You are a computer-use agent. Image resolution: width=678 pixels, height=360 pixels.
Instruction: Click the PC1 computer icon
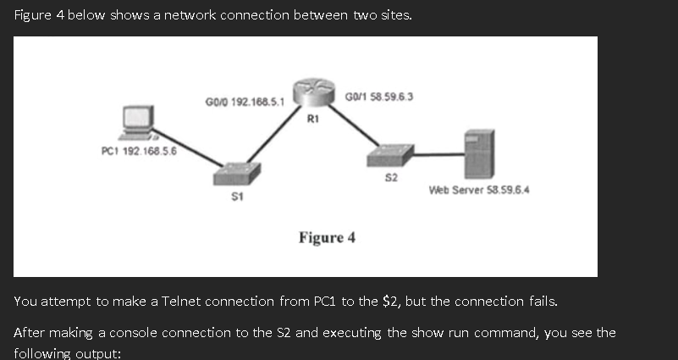point(136,122)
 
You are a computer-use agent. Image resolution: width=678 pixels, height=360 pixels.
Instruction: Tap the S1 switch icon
point(237,173)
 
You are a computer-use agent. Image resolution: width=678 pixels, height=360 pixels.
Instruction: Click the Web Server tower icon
point(478,152)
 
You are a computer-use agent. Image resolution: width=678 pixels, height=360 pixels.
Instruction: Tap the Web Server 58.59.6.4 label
point(479,189)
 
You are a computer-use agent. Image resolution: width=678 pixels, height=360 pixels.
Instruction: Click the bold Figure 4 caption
point(327,237)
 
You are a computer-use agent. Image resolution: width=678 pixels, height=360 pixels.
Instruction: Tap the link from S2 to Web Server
point(437,154)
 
